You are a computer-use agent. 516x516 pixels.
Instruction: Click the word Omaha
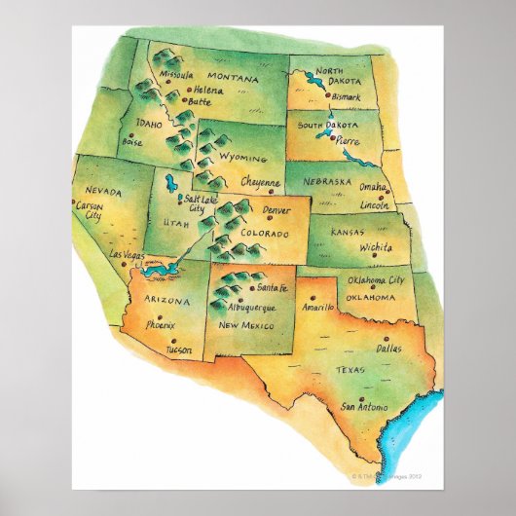(x=373, y=188)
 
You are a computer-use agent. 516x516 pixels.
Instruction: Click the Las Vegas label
(x=127, y=255)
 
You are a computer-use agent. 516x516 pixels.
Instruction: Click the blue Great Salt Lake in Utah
(x=171, y=183)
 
